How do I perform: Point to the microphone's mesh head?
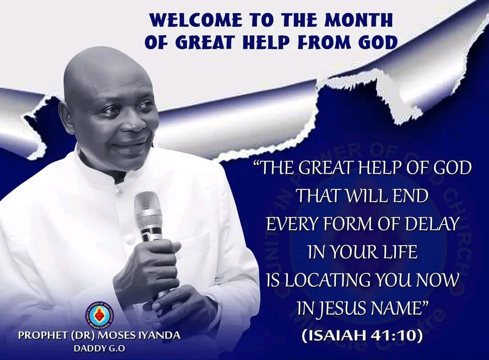[x=148, y=210]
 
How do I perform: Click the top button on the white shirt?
[x=119, y=190]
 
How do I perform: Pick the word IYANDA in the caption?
[x=159, y=336]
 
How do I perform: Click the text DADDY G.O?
[x=99, y=348]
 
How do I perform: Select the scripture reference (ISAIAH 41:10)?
[x=362, y=335]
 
